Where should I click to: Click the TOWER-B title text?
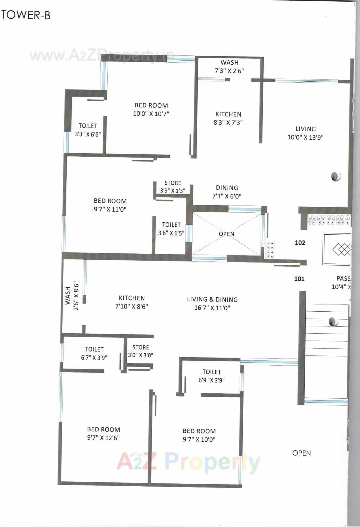(x=26, y=15)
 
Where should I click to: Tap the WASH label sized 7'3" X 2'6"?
(x=230, y=63)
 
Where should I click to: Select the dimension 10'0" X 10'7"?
(x=151, y=114)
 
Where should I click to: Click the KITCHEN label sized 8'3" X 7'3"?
(x=228, y=114)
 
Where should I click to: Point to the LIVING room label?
(x=305, y=129)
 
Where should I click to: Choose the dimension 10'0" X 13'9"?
(x=305, y=137)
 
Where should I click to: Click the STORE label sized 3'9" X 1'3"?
(x=173, y=183)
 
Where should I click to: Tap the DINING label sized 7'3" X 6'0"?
(x=227, y=188)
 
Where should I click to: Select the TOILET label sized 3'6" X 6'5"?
(x=171, y=225)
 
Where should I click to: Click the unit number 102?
(x=300, y=243)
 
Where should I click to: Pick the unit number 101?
(x=299, y=279)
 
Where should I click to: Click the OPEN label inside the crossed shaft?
(x=227, y=234)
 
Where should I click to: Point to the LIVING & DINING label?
(x=212, y=300)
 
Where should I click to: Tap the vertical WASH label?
(x=68, y=296)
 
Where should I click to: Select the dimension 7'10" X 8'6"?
(x=132, y=307)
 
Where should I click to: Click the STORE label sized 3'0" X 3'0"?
(x=141, y=347)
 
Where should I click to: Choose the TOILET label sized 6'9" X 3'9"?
(x=212, y=372)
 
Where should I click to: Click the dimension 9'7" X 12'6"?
(x=103, y=438)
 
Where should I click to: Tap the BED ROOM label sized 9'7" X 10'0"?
(x=199, y=431)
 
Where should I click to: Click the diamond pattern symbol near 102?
(x=342, y=249)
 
